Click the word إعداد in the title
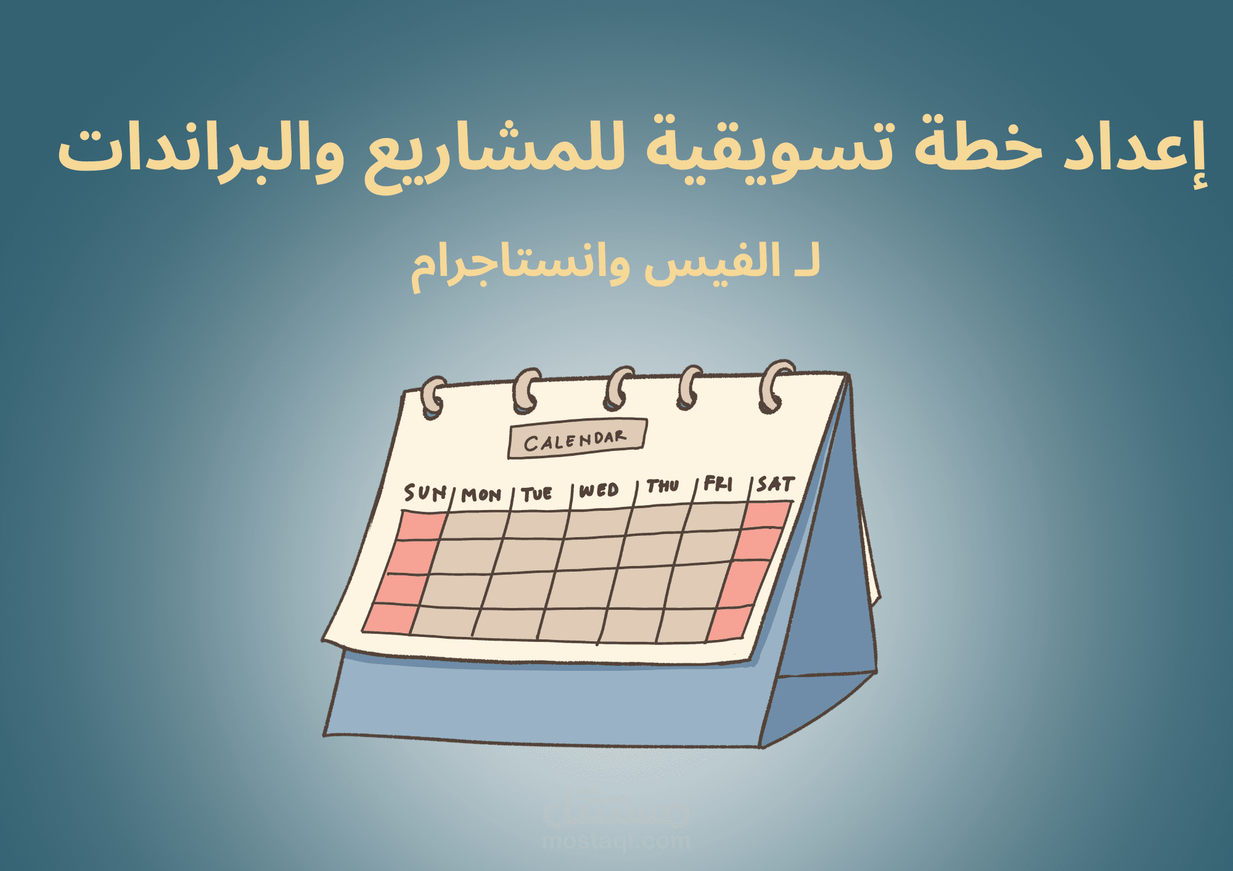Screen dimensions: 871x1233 click(x=1134, y=151)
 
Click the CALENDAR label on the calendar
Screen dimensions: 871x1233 click(x=576, y=439)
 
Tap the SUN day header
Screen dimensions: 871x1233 click(x=425, y=492)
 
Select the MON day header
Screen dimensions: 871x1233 click(x=481, y=495)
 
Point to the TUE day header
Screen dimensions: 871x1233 click(x=536, y=493)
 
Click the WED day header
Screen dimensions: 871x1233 click(x=599, y=490)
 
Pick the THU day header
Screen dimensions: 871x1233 click(x=663, y=486)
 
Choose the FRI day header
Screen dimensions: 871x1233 click(x=718, y=484)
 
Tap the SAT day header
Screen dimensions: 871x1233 click(x=776, y=484)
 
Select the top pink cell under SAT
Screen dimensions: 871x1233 click(x=766, y=515)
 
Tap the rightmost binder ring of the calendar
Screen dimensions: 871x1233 click(x=774, y=386)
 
